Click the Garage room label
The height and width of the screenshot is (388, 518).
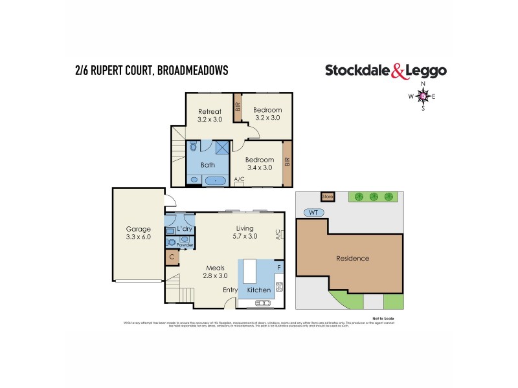tap(138, 233)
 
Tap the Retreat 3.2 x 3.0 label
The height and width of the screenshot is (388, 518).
tap(209, 114)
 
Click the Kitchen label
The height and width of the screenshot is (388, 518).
tap(259, 290)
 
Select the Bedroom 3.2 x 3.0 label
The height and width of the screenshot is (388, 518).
tap(267, 114)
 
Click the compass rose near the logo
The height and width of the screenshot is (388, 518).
tap(423, 97)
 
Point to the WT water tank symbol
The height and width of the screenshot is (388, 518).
tap(313, 211)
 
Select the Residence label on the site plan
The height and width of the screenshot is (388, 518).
tap(352, 259)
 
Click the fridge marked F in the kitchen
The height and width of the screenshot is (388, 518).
tap(278, 266)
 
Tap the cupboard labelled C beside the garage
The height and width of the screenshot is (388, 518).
tap(172, 257)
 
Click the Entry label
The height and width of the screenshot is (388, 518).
tap(231, 290)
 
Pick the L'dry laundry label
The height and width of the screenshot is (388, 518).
tap(185, 230)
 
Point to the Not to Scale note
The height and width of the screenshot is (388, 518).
tap(383, 319)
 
